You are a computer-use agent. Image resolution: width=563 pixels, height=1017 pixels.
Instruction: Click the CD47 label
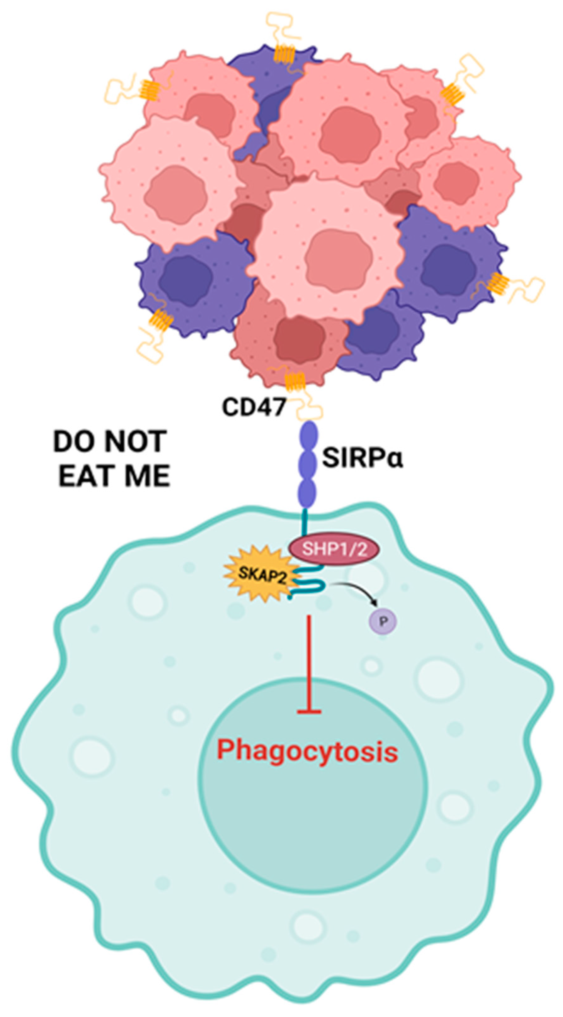click(x=254, y=407)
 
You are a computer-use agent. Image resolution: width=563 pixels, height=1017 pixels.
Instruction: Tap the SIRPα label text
click(x=362, y=458)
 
